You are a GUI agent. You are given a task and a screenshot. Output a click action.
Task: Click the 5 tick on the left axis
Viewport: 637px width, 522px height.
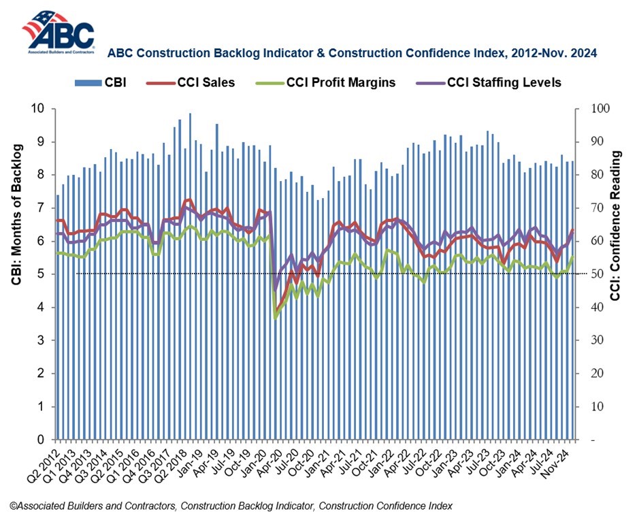click(41, 274)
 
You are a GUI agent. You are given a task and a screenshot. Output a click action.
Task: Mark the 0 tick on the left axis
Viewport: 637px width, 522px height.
click(41, 440)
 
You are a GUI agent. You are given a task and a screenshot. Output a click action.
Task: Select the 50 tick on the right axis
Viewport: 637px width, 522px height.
click(585, 274)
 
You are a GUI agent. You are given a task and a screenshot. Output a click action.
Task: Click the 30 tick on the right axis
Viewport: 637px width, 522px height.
click(585, 340)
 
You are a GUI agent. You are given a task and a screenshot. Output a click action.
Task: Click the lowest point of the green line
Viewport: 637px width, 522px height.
click(275, 318)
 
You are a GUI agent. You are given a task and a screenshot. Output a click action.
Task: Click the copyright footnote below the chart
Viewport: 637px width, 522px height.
click(231, 506)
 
